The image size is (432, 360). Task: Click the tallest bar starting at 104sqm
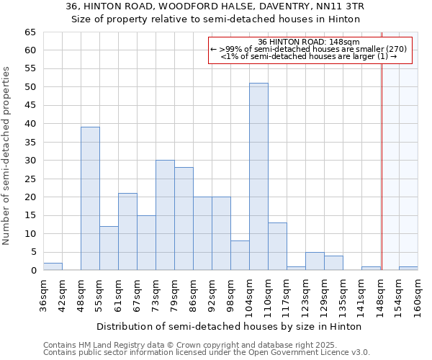pyautogui.click(x=258, y=176)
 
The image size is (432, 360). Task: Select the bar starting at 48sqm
pyautogui.click(x=90, y=199)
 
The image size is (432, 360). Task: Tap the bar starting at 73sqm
pyautogui.click(x=165, y=215)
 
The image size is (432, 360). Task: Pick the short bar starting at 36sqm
pyautogui.click(x=53, y=266)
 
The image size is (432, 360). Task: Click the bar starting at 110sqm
pyautogui.click(x=277, y=246)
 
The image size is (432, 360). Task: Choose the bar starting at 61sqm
pyautogui.click(x=127, y=232)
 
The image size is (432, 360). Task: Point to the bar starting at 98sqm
pyautogui.click(x=240, y=256)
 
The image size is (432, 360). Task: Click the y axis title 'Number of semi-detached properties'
pyautogui.click(x=7, y=156)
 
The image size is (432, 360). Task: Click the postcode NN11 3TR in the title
pyautogui.click(x=327, y=6)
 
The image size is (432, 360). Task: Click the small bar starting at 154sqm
pyautogui.click(x=408, y=269)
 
